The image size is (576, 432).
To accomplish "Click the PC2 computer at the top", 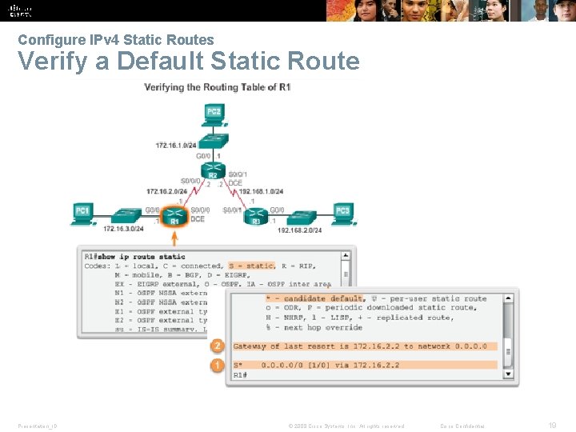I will click(214, 112).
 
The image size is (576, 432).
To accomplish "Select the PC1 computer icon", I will click(82, 212).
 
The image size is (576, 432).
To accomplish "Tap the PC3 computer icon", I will click(342, 212).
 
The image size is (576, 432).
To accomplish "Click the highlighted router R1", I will click(174, 217).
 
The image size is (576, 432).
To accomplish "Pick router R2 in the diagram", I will click(213, 173).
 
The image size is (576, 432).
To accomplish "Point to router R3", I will click(256, 218).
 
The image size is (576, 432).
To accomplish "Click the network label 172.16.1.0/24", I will click(174, 145).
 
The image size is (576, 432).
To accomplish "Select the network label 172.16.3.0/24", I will click(123, 229).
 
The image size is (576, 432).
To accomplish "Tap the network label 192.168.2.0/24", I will click(300, 230).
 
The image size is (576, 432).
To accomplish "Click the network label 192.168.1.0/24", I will click(261, 191).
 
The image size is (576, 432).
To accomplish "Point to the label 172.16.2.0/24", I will click(166, 191).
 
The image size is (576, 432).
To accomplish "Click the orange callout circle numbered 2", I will click(216, 346).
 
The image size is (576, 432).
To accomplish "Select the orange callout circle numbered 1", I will click(216, 365).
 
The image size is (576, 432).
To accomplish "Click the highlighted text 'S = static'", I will click(251, 265).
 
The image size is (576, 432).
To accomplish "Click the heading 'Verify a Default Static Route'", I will click(189, 61).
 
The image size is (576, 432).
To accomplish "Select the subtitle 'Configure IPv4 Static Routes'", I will click(116, 39).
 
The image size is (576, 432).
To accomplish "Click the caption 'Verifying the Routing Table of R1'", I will click(217, 86).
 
